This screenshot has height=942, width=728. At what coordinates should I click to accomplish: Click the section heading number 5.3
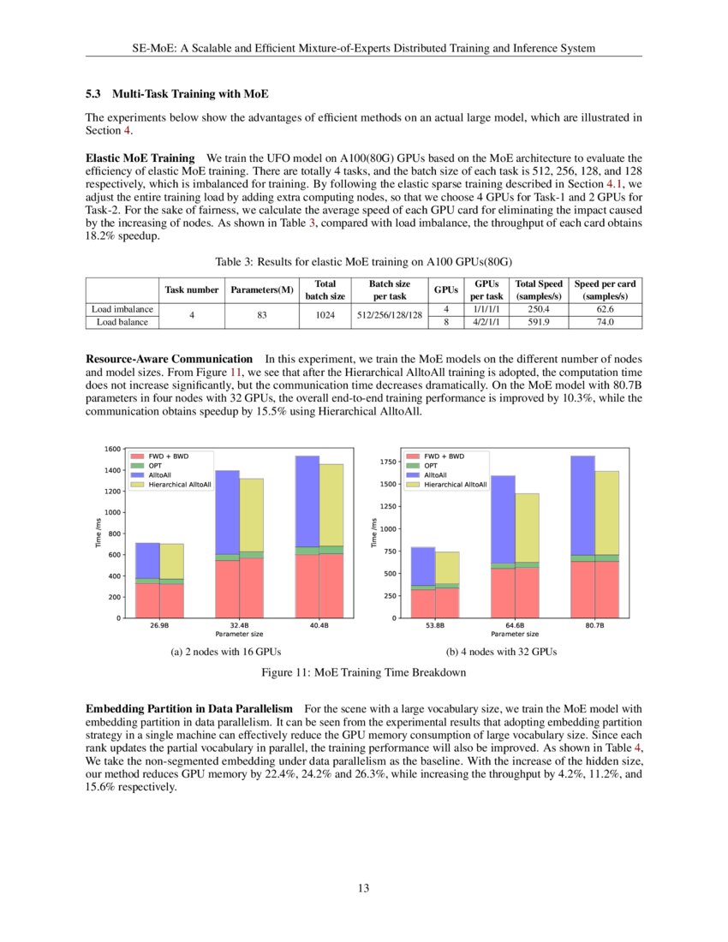point(95,92)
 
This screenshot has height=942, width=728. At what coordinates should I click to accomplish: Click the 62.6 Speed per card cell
point(606,308)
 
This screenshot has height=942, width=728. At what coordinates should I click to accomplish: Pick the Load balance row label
point(122,323)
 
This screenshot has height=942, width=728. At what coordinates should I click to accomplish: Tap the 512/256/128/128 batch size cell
point(389,315)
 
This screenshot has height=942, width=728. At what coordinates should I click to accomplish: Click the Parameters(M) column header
point(262,290)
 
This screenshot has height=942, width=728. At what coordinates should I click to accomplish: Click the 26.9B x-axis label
point(159,627)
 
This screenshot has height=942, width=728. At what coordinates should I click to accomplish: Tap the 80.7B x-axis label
point(594,627)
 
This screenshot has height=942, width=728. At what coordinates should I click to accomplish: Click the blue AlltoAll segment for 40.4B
point(307,501)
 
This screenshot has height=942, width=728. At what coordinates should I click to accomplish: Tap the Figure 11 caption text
point(363,672)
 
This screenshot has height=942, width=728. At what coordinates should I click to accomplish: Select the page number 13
point(363,888)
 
